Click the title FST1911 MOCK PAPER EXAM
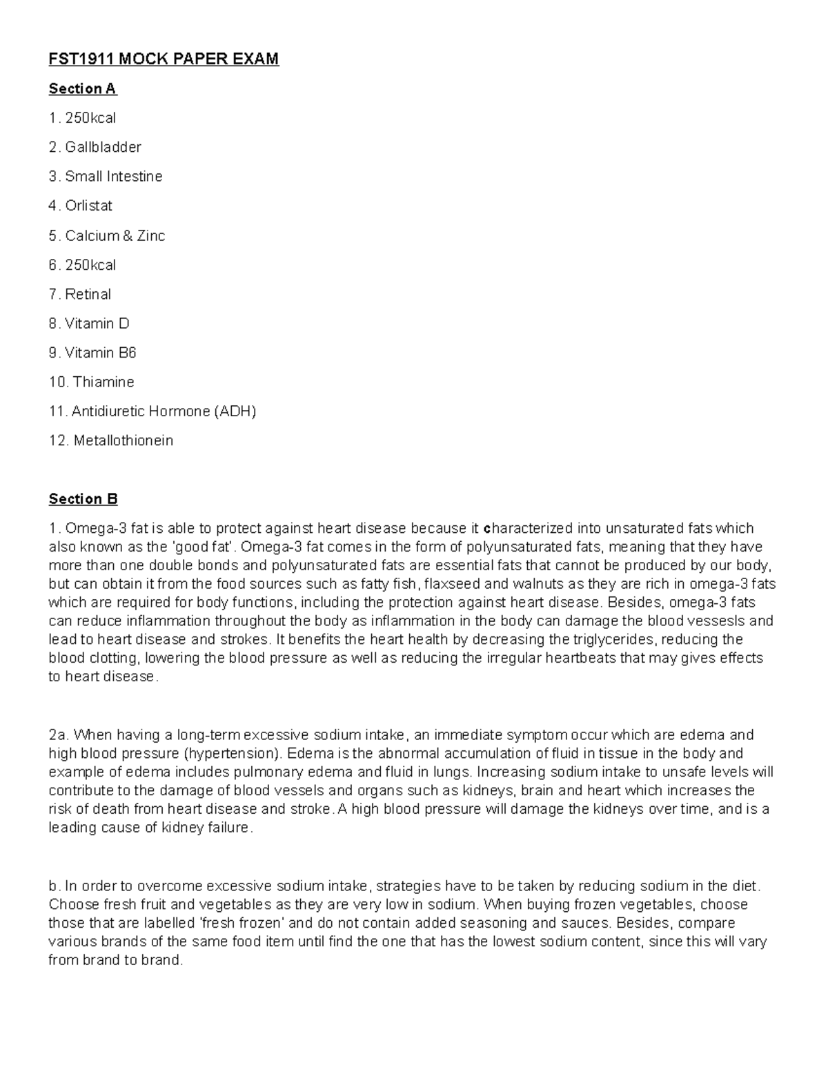pos(164,59)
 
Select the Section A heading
pos(83,89)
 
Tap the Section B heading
pos(83,499)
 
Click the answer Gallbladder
pos(103,147)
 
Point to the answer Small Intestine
pos(113,177)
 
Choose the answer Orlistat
pos(88,206)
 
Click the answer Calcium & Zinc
pos(115,236)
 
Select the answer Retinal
pos(88,295)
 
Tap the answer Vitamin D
pos(97,324)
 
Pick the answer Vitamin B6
pos(100,353)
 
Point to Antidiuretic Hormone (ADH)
pos(163,411)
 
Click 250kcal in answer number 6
pos(90,265)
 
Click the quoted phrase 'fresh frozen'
pos(239,923)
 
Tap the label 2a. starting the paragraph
pos(58,734)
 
